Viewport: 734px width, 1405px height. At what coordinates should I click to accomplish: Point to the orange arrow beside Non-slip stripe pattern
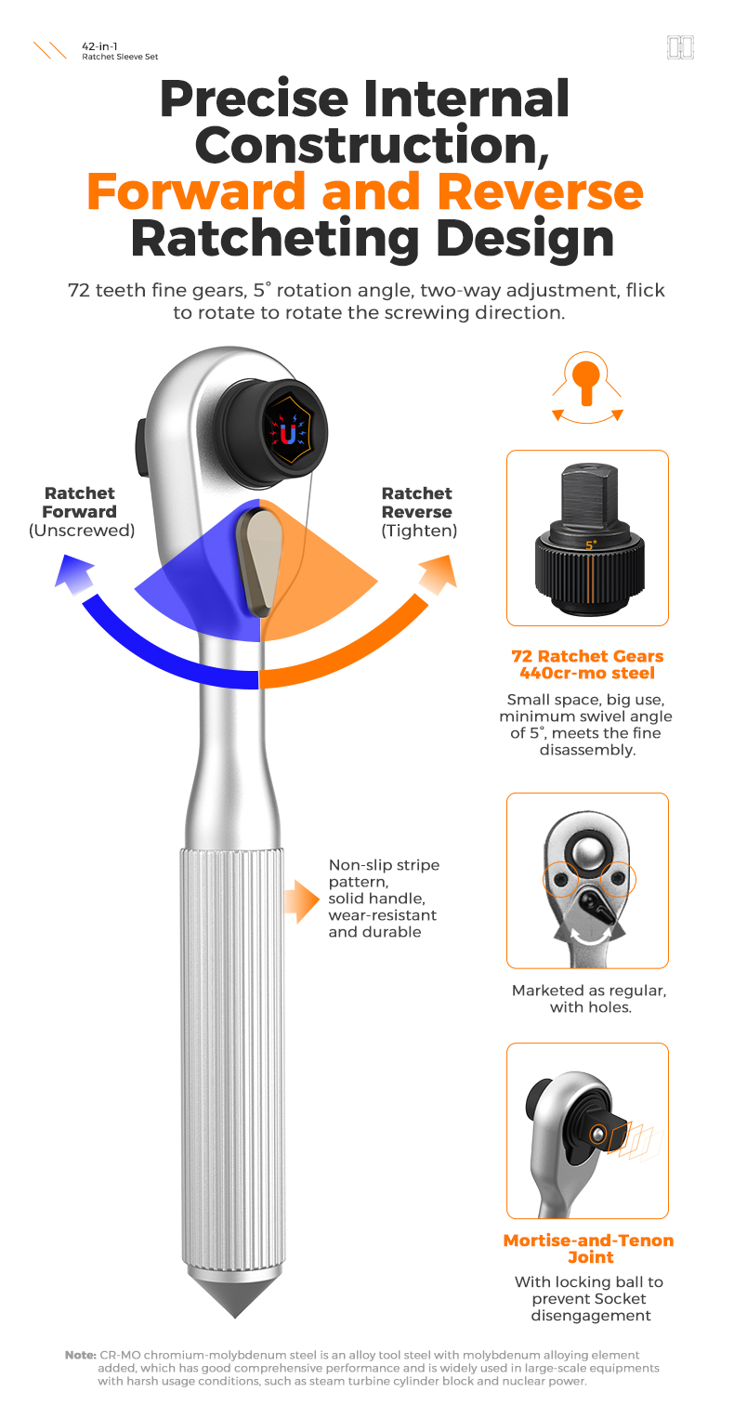[301, 899]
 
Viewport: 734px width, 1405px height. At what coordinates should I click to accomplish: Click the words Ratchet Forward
[79, 503]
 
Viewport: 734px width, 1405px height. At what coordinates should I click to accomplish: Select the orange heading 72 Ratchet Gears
[587, 656]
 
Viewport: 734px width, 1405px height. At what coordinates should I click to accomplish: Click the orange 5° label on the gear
[591, 545]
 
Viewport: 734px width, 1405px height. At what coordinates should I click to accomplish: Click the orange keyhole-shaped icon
[587, 381]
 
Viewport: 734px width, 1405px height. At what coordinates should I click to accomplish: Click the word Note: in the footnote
[81, 1356]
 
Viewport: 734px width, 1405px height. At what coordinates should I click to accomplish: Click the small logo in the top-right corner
[681, 47]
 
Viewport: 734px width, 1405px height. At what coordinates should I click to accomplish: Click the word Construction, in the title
[366, 144]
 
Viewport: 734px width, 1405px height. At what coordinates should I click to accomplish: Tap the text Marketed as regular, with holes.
[588, 998]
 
